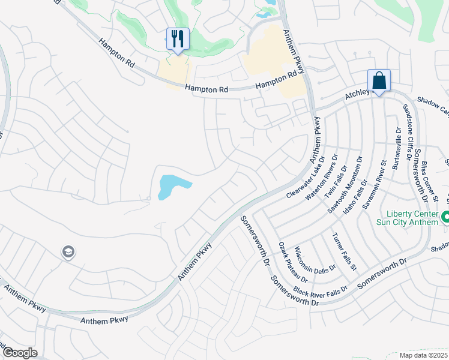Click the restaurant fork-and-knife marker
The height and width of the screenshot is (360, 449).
click(178, 40)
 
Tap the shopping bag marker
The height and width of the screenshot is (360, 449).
click(379, 80)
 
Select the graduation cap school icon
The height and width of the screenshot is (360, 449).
click(68, 253)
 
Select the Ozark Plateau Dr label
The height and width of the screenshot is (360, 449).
click(294, 263)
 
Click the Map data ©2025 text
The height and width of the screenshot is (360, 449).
click(423, 355)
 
